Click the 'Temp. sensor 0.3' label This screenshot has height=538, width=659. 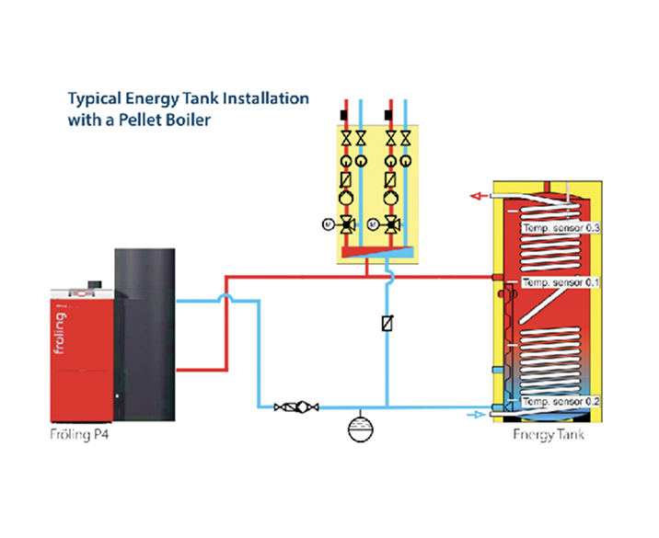tap(561, 227)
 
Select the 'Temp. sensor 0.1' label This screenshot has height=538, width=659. tap(561, 282)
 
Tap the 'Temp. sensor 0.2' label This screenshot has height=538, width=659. tap(561, 402)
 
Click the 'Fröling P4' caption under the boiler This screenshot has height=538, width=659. tap(81, 434)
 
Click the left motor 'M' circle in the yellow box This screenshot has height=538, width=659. tap(327, 223)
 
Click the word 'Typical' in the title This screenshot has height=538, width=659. tap(97, 97)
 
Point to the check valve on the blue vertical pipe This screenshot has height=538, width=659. tap(387, 324)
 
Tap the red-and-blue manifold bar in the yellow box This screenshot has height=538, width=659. tap(378, 249)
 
